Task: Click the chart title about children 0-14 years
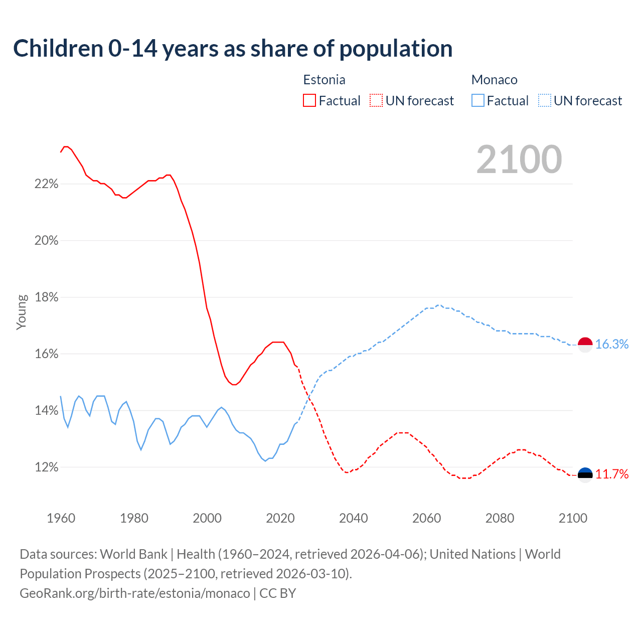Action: point(233,49)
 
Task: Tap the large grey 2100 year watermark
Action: point(519,159)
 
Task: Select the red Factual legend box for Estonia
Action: point(309,101)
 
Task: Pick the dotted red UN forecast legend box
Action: point(376,101)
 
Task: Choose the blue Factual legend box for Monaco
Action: point(477,101)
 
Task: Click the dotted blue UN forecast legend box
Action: point(544,101)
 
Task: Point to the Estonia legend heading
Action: point(324,80)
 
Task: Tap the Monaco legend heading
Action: point(494,80)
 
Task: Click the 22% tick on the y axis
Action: point(46,184)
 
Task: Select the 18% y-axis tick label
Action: point(46,297)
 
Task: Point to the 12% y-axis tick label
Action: point(46,467)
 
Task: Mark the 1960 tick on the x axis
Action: point(61,518)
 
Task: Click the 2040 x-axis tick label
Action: point(354,518)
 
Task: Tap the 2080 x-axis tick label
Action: point(500,518)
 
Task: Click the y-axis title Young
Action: point(22,312)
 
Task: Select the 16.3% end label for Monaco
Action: point(612,344)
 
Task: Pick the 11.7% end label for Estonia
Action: point(612,474)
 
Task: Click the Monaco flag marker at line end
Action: point(585,345)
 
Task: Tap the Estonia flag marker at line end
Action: point(585,474)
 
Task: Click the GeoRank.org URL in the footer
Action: point(134,593)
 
